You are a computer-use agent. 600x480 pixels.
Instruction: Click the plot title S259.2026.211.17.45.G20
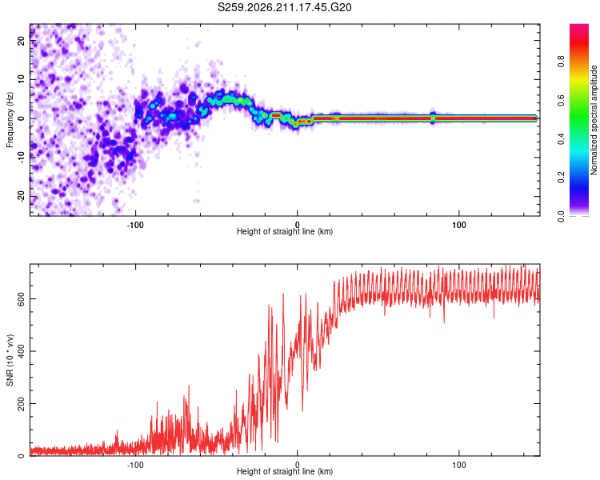click(284, 7)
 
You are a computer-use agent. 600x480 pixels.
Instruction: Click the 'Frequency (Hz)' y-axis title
click(10, 120)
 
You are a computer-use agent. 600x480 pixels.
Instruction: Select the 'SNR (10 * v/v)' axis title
click(10, 360)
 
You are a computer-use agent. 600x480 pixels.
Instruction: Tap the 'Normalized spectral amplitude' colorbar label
click(594, 120)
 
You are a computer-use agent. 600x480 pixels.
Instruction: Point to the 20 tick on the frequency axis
click(21, 40)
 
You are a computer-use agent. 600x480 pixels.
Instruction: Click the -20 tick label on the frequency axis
click(21, 197)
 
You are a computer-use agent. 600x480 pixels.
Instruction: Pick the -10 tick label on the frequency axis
click(21, 158)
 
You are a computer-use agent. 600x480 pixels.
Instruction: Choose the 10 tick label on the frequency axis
click(21, 79)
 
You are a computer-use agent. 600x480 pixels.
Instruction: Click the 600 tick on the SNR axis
click(21, 298)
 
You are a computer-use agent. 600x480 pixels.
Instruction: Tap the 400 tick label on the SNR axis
click(21, 351)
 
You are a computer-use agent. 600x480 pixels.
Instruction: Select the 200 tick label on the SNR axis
click(21, 403)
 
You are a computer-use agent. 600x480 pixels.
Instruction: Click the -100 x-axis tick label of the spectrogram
click(135, 225)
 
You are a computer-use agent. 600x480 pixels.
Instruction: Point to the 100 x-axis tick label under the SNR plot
click(459, 465)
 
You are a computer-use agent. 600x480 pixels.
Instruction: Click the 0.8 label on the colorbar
click(561, 62)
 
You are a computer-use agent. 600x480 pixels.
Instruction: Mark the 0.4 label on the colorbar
click(561, 139)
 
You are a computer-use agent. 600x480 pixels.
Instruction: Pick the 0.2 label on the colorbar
click(561, 178)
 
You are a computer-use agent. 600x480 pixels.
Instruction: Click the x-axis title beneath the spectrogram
click(285, 231)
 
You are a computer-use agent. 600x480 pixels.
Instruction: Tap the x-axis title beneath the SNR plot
click(285, 471)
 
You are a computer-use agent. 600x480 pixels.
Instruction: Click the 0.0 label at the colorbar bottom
click(561, 216)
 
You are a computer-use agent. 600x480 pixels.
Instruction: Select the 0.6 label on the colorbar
click(561, 100)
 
